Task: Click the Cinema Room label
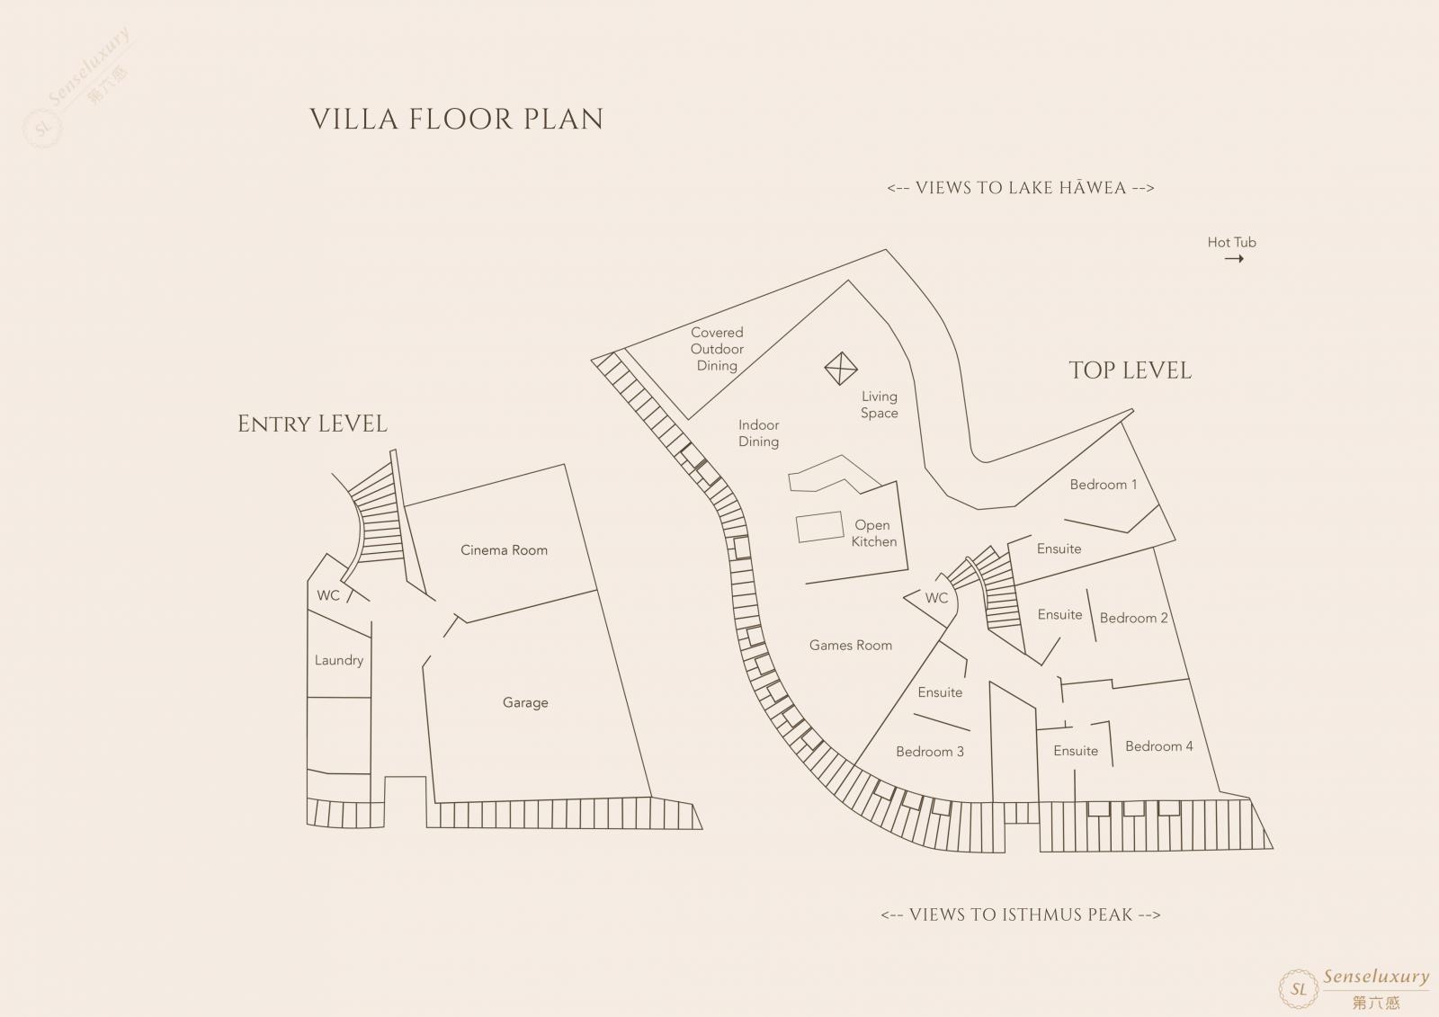pyautogui.click(x=504, y=550)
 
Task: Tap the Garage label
pyautogui.click(x=525, y=703)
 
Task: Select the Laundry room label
pyautogui.click(x=338, y=660)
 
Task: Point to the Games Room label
pyautogui.click(x=851, y=645)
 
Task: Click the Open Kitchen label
pyautogui.click(x=873, y=533)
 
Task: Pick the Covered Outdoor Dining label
pyautogui.click(x=717, y=349)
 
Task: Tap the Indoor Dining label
pyautogui.click(x=759, y=433)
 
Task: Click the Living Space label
pyautogui.click(x=880, y=405)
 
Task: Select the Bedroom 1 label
pyautogui.click(x=1103, y=485)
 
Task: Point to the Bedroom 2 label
pyautogui.click(x=1134, y=618)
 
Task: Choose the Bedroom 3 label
pyautogui.click(x=930, y=752)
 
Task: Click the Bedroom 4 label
pyautogui.click(x=1159, y=745)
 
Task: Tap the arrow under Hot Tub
pyautogui.click(x=1234, y=259)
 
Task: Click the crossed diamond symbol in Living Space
pyautogui.click(x=841, y=369)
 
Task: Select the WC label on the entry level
pyautogui.click(x=328, y=595)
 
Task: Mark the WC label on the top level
pyautogui.click(x=936, y=598)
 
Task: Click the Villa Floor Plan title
pyautogui.click(x=457, y=120)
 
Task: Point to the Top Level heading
pyautogui.click(x=1130, y=370)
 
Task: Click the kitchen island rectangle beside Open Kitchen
pyautogui.click(x=819, y=527)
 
